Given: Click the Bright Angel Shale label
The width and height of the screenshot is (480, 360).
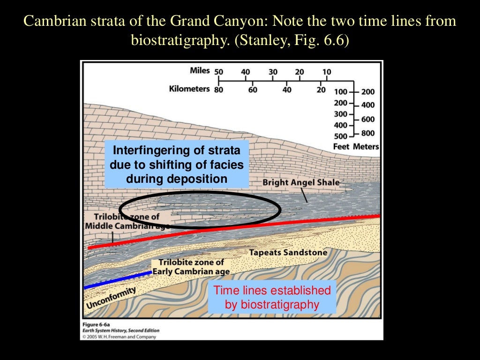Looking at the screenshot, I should [x=301, y=182].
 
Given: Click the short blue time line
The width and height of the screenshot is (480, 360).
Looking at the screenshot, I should [x=117, y=279].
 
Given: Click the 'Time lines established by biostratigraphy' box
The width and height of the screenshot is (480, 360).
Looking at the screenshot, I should [x=272, y=297].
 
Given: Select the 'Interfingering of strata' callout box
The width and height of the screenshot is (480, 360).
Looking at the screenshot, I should [x=176, y=165].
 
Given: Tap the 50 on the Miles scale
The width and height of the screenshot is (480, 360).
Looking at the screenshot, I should [x=219, y=72].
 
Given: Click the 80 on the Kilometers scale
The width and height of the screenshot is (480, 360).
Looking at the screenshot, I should [x=218, y=89].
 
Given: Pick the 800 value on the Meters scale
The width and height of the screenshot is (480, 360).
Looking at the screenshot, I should [x=368, y=133].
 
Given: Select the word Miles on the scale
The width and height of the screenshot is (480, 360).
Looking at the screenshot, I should [x=200, y=71].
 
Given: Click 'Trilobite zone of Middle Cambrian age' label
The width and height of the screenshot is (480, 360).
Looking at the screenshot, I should [x=123, y=221].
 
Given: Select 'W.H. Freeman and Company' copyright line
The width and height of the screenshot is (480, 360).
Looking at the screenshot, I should [x=119, y=336].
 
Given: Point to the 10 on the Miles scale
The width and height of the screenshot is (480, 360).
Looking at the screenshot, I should [x=327, y=72].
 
